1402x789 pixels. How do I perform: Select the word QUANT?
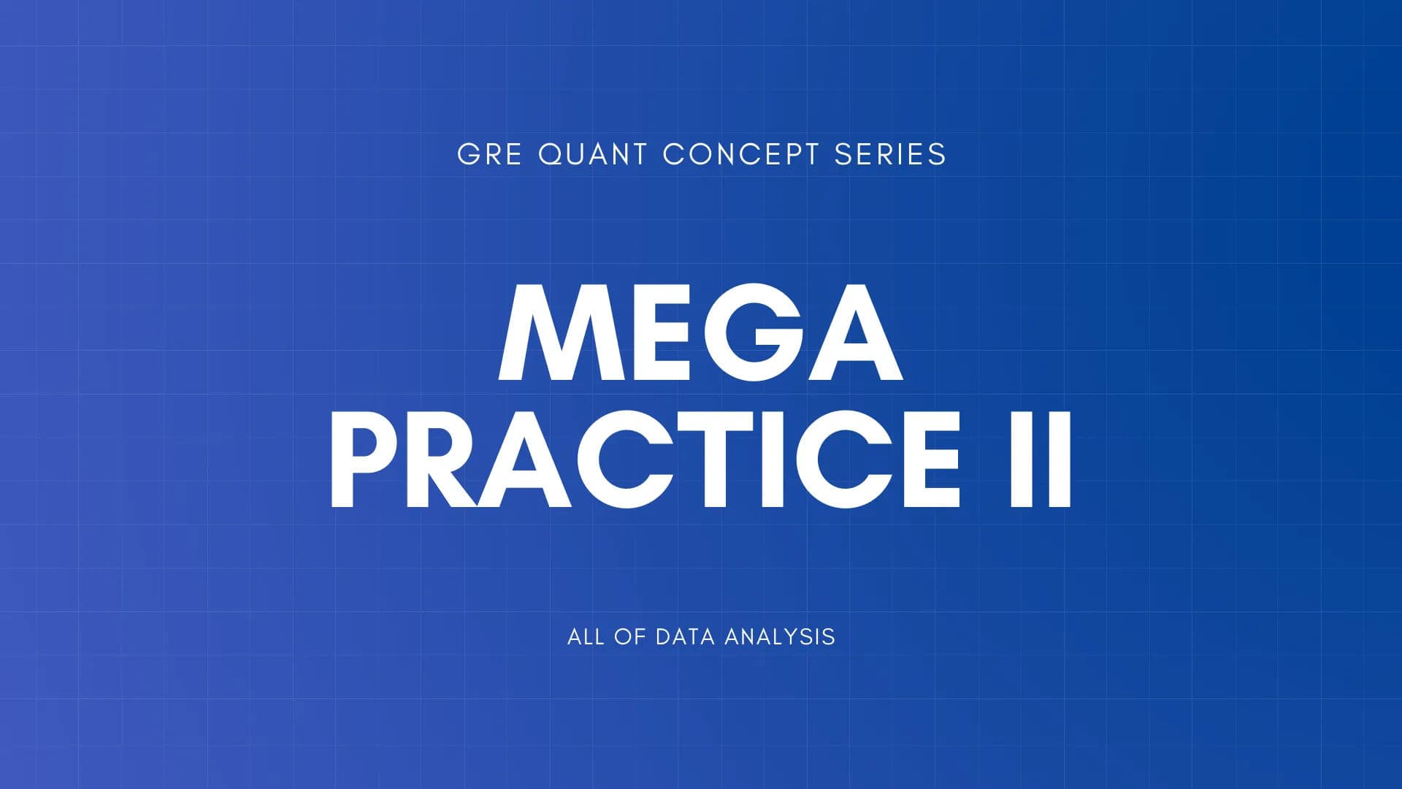[x=592, y=154]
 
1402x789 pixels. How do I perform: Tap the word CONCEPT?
[x=740, y=154]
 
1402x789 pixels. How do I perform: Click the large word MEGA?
[x=700, y=333]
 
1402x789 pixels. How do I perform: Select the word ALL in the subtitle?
[x=586, y=636]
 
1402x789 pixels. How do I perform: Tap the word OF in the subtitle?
[x=629, y=636]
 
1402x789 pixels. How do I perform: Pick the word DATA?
[x=685, y=636]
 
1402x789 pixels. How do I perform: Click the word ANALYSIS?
[x=780, y=636]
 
